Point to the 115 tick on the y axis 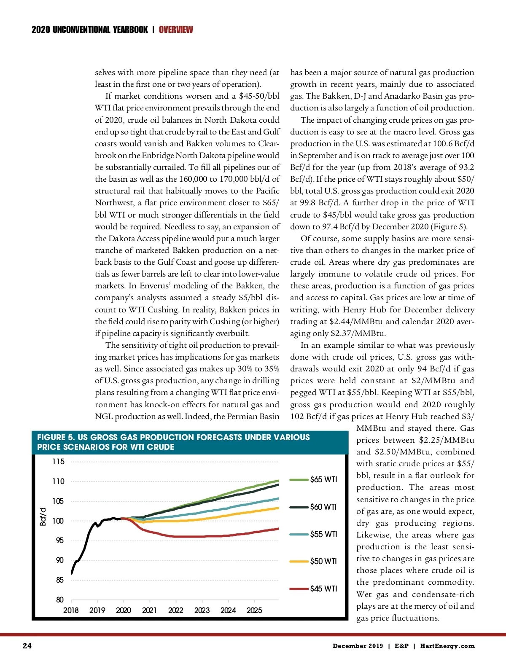[x=58, y=462]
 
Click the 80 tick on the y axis [x=60, y=600]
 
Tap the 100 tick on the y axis [x=58, y=521]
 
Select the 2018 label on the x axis [x=71, y=610]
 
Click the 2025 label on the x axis [x=254, y=610]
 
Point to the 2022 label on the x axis [x=176, y=610]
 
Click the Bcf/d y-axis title [x=43, y=516]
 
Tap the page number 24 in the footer [x=27, y=646]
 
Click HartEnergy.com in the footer [x=447, y=646]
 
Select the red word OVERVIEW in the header [x=176, y=30]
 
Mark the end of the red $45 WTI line [x=279, y=528]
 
